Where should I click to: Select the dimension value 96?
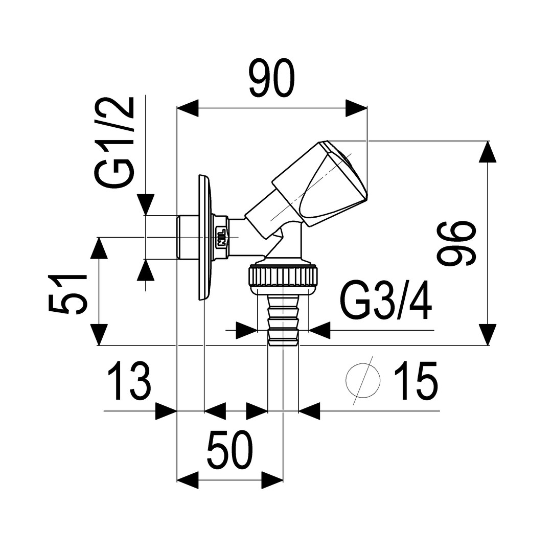(456, 243)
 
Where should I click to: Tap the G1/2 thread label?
(114, 142)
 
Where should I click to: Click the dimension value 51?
(67, 294)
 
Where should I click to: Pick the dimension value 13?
(129, 381)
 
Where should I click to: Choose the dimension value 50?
(230, 450)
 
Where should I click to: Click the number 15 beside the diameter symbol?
(416, 381)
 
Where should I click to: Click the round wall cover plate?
(205, 237)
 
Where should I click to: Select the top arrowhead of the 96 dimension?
(488, 152)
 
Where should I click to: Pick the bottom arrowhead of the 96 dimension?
(488, 334)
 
